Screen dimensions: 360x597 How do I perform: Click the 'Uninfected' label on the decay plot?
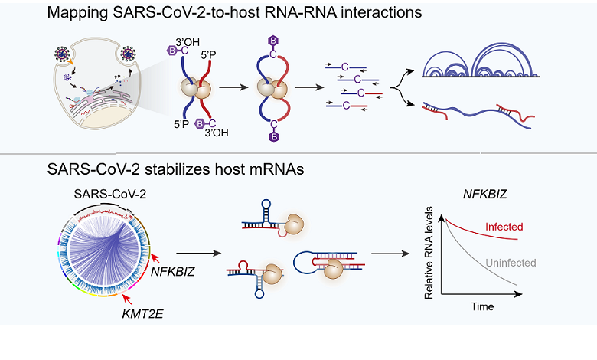click(510, 263)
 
